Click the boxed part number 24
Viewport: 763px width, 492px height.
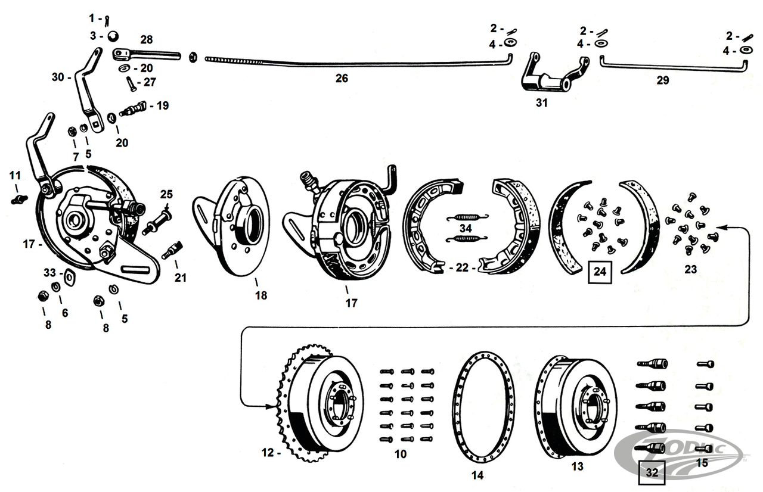click(x=600, y=272)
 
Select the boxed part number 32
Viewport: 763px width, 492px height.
click(x=652, y=473)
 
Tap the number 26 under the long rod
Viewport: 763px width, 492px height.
click(x=341, y=78)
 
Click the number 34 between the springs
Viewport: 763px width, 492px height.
click(x=466, y=228)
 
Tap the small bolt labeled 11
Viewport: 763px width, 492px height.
click(x=17, y=198)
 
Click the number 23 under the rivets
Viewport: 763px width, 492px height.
click(x=690, y=269)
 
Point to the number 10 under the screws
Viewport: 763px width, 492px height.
click(x=400, y=454)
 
